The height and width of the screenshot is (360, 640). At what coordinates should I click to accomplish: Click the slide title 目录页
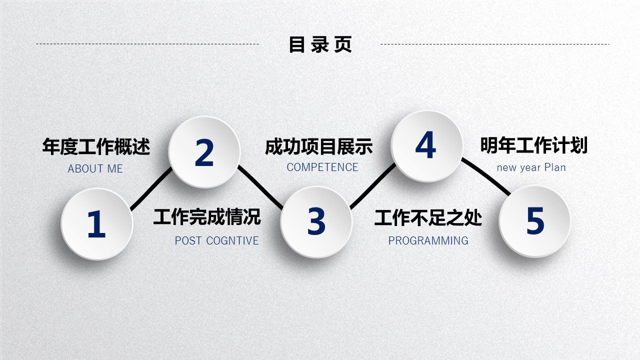tap(320, 44)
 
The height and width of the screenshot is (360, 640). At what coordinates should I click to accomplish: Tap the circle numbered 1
tap(97, 224)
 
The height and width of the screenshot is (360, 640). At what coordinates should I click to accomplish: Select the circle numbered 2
tap(204, 152)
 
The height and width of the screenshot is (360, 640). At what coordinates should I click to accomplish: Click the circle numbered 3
tap(316, 222)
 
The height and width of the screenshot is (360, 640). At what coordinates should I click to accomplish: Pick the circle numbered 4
tap(426, 146)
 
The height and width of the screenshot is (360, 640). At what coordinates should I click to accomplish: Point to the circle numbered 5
tap(535, 221)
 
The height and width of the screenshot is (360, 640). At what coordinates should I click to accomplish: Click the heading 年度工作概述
tap(96, 146)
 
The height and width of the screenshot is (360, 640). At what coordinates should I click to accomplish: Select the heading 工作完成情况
tap(207, 217)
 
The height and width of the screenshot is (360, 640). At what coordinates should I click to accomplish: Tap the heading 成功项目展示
tap(319, 147)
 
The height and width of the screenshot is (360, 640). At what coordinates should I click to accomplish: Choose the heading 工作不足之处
tap(428, 217)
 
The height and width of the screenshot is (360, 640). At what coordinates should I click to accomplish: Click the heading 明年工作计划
tap(533, 145)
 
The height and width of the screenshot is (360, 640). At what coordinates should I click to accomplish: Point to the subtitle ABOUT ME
tap(95, 169)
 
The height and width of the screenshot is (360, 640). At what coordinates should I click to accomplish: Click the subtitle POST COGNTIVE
tap(217, 241)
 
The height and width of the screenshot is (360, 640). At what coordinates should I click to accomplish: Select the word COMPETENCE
tap(322, 167)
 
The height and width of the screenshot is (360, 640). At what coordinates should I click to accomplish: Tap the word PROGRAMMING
tap(428, 241)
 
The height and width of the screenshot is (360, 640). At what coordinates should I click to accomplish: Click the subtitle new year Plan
tap(531, 167)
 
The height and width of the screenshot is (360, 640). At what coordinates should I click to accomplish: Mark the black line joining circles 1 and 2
tap(151, 189)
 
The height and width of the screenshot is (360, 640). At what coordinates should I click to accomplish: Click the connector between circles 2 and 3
tap(260, 187)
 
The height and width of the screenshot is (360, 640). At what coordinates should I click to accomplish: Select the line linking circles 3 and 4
tap(373, 186)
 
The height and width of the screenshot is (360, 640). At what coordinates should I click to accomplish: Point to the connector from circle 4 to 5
tap(486, 176)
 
